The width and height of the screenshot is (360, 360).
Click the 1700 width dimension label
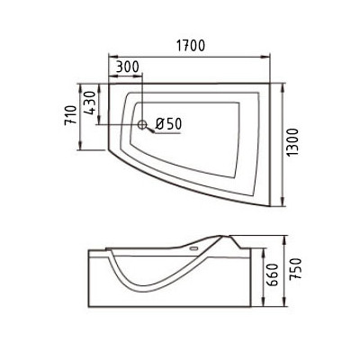pyautogui.click(x=191, y=45)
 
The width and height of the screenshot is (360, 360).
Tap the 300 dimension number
pyautogui.click(x=128, y=67)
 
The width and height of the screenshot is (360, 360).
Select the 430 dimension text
pyautogui.click(x=91, y=103)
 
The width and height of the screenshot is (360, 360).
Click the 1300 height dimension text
pyautogui.click(x=292, y=142)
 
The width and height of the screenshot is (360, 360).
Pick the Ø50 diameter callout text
pyautogui.click(x=169, y=123)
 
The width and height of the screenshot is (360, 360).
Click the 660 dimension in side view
pyautogui.click(x=273, y=274)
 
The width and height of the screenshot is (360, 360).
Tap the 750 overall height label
pyautogui.click(x=294, y=269)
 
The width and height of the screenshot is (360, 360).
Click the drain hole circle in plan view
pyautogui.click(x=142, y=124)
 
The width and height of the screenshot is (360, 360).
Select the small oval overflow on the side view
pyautogui.click(x=194, y=248)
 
